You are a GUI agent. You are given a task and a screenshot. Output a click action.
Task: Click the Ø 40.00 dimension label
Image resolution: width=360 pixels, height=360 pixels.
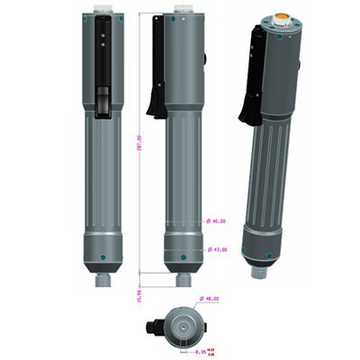pyautogui.click(x=217, y=220)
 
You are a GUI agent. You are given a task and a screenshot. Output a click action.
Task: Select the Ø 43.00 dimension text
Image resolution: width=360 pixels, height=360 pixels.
pyautogui.click(x=217, y=249)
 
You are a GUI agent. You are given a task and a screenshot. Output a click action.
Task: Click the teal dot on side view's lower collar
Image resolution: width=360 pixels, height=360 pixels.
pyautogui.click(x=184, y=257)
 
